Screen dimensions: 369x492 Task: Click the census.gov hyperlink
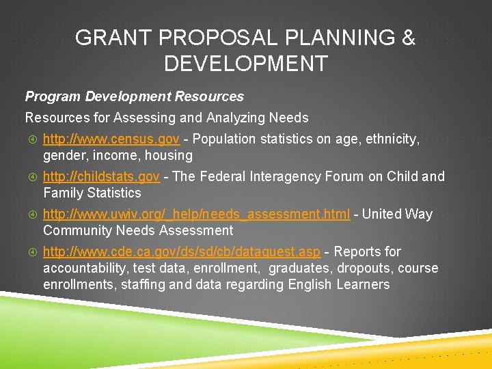tap(111, 139)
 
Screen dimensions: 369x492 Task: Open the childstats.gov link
tap(101, 177)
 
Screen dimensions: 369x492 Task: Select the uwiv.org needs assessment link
tap(197, 215)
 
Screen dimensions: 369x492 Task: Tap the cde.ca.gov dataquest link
tap(181, 252)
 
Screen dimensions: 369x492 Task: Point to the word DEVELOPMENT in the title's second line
tap(245, 64)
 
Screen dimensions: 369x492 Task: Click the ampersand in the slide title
tap(408, 38)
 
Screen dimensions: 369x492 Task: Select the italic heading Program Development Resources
tap(135, 97)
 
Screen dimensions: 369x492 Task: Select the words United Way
tap(397, 215)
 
